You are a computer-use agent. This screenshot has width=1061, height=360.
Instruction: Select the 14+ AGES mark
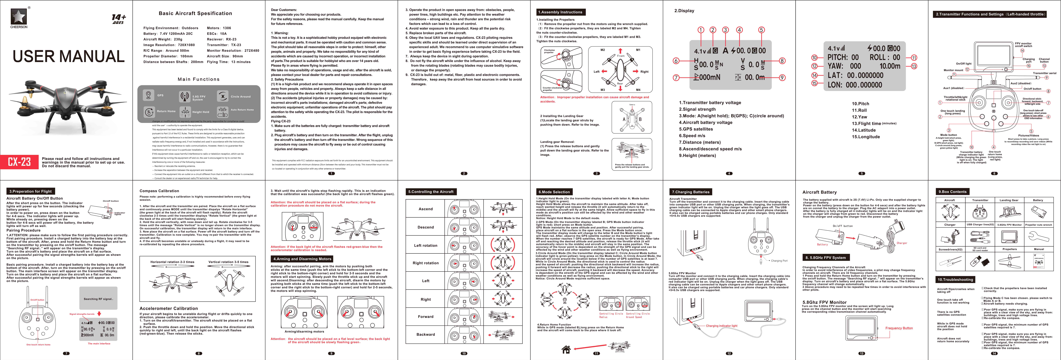[x=119, y=19]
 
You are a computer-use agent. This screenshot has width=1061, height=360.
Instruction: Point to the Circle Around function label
[x=241, y=96]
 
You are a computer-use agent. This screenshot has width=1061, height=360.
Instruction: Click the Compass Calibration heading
[x=159, y=191]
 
